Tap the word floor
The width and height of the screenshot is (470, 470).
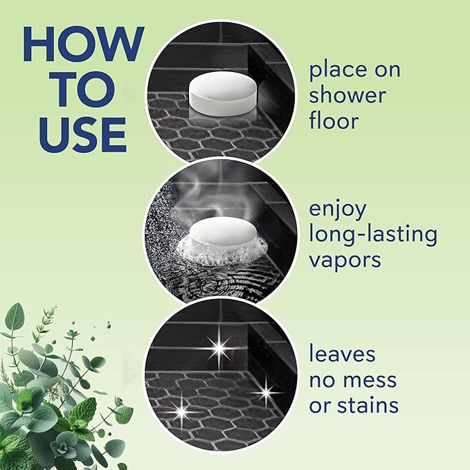(x=334, y=121)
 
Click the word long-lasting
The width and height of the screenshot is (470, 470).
(x=373, y=234)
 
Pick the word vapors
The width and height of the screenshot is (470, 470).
(x=346, y=260)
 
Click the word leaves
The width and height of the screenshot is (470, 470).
(x=343, y=354)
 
